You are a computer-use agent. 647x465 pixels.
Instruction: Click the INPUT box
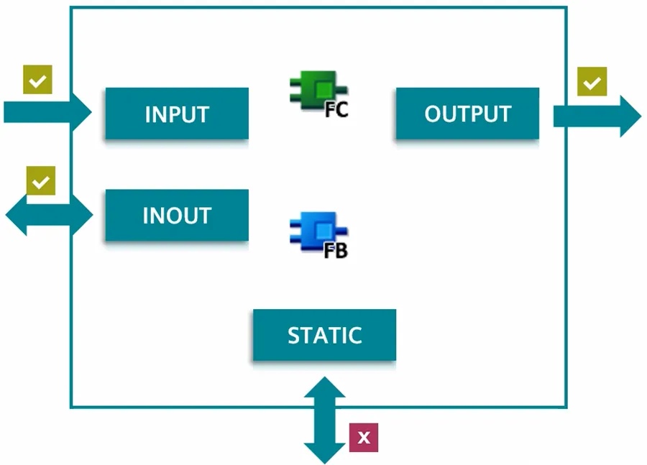[177, 114]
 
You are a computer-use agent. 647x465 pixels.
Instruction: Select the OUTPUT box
[467, 114]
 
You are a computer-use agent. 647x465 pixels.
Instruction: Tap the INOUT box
[177, 215]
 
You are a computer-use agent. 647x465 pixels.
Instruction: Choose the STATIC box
[324, 335]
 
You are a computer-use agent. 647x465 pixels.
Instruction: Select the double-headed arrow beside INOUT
[49, 214]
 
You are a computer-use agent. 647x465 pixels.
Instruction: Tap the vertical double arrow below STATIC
[325, 420]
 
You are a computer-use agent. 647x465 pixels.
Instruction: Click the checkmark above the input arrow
[37, 80]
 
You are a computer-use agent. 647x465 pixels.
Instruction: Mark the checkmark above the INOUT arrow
[40, 180]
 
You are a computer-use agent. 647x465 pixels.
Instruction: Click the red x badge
[364, 437]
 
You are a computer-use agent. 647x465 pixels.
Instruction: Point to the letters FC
[336, 111]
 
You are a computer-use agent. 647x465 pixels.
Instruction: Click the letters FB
[336, 251]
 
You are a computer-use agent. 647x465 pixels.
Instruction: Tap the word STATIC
[324, 336]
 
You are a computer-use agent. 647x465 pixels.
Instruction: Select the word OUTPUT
[467, 114]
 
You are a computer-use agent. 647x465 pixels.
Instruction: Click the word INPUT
[177, 114]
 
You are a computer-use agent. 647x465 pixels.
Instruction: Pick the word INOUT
[177, 216]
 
